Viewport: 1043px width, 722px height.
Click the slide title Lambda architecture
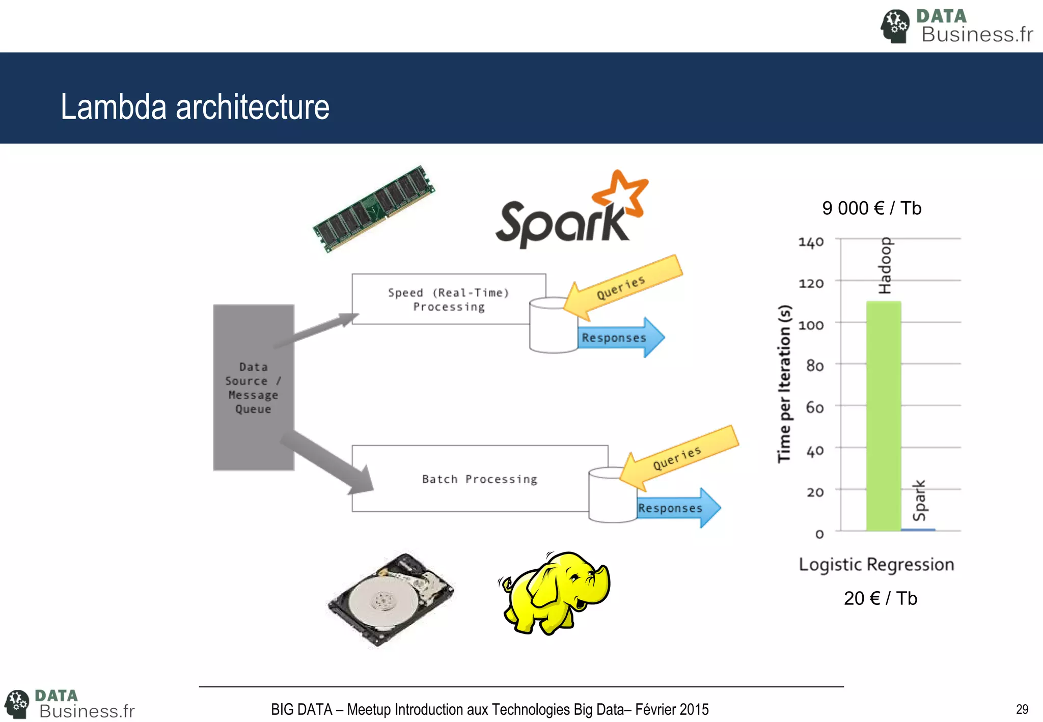pos(195,107)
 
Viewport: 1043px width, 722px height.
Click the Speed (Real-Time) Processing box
pos(448,299)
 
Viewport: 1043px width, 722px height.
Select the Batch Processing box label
pos(479,479)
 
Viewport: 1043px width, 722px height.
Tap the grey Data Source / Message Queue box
pos(253,387)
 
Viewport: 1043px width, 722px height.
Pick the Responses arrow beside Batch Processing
pos(677,508)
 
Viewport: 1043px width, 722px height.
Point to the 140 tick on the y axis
pos(811,241)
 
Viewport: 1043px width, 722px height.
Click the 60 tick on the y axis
pos(815,407)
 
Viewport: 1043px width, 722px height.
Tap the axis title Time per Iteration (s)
pos(785,383)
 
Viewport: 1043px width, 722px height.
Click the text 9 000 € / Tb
pos(871,208)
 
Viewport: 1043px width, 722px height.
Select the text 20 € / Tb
pos(880,598)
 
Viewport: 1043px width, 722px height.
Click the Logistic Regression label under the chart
pos(876,564)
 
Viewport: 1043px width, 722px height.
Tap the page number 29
pos(1022,709)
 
